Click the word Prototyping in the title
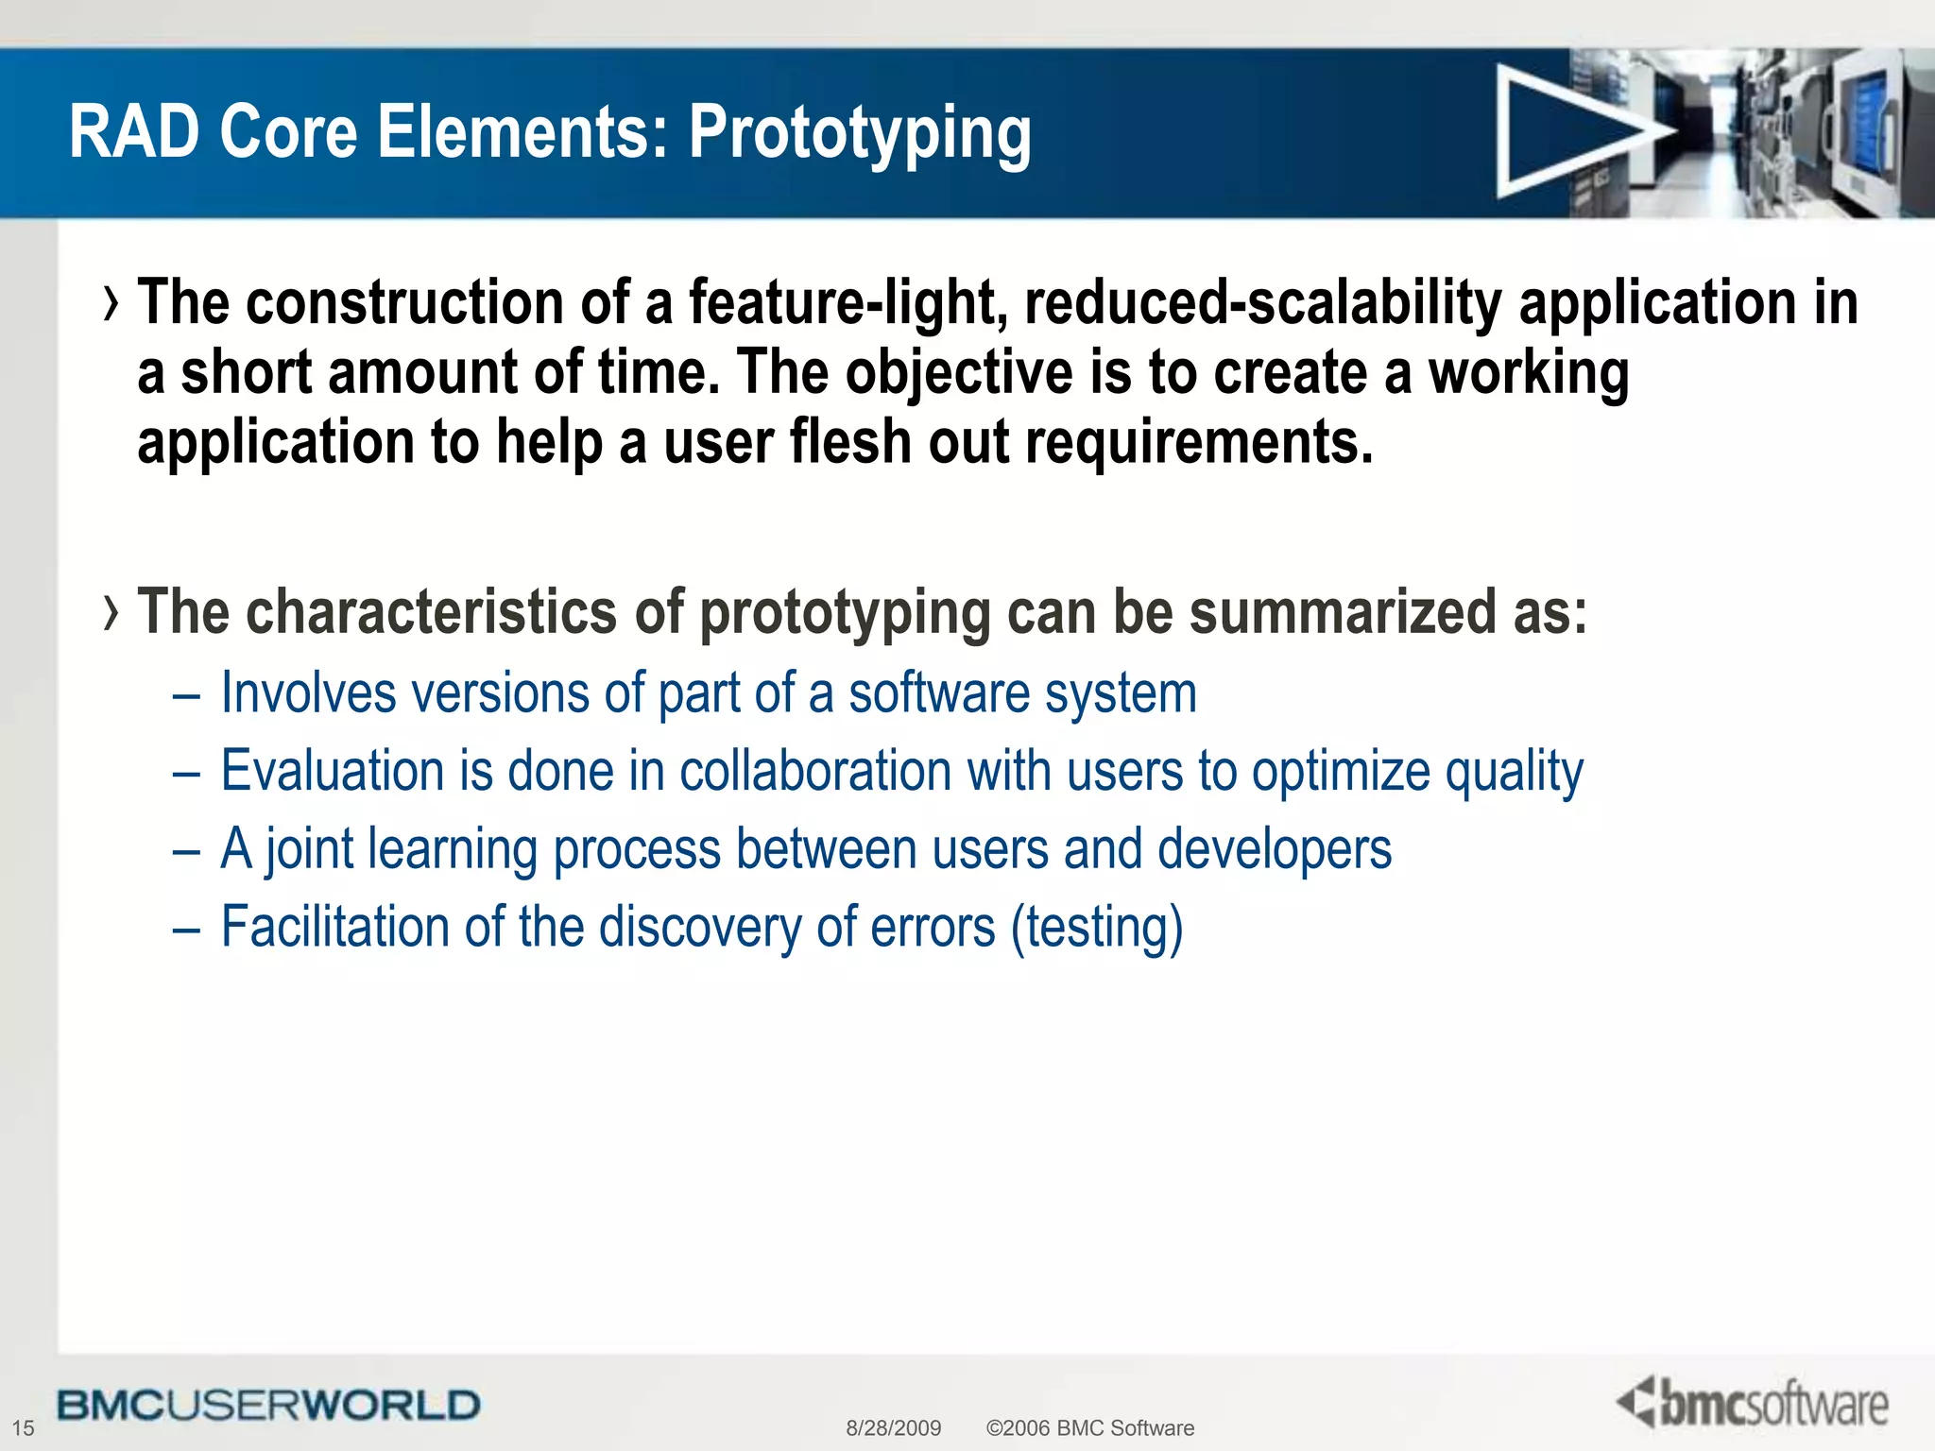coord(859,134)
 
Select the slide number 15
coord(23,1427)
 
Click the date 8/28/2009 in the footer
coord(893,1427)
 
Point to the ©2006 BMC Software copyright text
coord(1089,1427)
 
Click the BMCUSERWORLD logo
coord(268,1405)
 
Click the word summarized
coord(1342,612)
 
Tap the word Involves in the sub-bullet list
coord(308,693)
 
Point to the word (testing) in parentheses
coord(1096,928)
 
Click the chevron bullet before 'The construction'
coord(112,304)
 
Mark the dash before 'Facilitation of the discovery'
coord(187,930)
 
